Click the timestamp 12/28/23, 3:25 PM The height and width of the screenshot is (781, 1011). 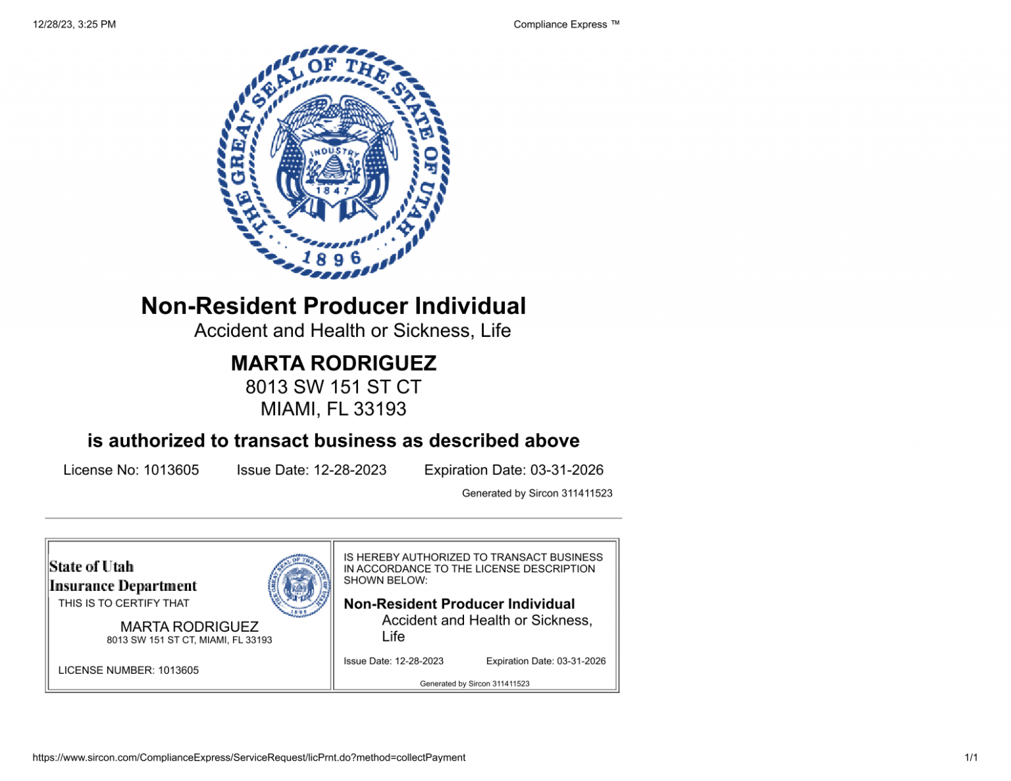click(74, 24)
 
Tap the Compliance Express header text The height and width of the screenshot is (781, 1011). click(565, 24)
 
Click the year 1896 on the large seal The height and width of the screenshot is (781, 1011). click(332, 258)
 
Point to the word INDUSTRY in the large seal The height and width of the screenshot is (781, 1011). click(335, 153)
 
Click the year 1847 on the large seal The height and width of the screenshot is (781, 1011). click(333, 191)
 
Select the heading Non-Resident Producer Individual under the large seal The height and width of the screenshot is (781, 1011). click(333, 306)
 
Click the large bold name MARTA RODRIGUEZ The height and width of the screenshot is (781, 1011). click(333, 363)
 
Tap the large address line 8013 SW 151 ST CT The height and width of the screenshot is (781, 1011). click(333, 387)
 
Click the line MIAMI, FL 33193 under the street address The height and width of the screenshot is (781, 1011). click(333, 409)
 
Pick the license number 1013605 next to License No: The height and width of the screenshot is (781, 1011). click(171, 470)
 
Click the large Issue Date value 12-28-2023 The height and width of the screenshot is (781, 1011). click(350, 470)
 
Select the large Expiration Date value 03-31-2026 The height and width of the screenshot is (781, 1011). click(567, 470)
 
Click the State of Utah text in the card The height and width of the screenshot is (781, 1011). click(91, 567)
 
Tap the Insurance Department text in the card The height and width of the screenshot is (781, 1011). click(123, 586)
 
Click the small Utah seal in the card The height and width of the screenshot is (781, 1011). click(299, 585)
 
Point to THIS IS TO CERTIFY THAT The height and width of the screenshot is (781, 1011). click(124, 603)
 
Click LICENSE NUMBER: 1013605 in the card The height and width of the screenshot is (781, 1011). click(128, 670)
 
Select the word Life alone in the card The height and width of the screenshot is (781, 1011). click(393, 637)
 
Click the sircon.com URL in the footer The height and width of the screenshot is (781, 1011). click(249, 757)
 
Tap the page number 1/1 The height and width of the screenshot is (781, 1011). click(971, 757)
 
